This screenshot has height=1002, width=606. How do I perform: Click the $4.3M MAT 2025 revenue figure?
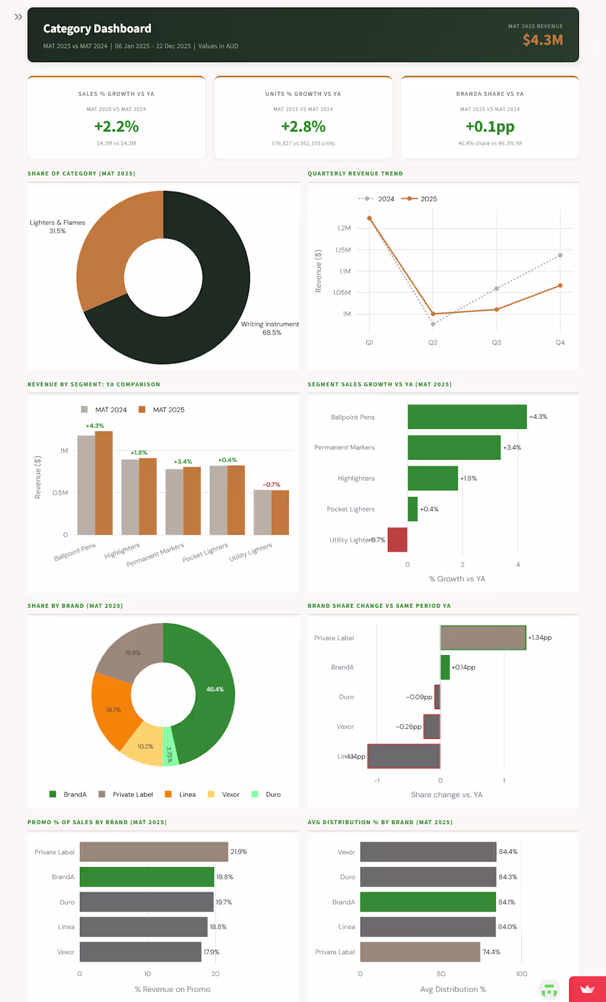[543, 40]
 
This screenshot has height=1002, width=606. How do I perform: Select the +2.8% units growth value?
[303, 127]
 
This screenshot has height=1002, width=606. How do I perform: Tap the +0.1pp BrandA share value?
[490, 127]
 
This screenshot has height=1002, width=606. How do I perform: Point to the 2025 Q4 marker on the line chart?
[560, 285]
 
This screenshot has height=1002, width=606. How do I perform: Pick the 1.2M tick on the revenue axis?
[344, 228]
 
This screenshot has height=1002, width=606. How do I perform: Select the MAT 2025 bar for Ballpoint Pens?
[104, 483]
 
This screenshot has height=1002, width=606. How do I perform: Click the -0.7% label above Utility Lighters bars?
[272, 484]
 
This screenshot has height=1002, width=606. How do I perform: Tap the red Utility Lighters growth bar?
[397, 540]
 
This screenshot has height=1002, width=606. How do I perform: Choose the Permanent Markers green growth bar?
[454, 448]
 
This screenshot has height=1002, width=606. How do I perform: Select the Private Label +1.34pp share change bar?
[483, 638]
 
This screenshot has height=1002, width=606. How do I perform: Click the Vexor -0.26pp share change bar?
[431, 727]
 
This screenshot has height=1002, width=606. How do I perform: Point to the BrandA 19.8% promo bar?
[147, 877]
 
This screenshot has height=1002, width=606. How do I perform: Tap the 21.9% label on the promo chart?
[239, 852]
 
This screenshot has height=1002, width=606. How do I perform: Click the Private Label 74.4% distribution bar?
[420, 952]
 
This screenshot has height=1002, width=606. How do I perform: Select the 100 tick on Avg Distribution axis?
[521, 974]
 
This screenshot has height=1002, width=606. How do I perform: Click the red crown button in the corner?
[587, 989]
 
